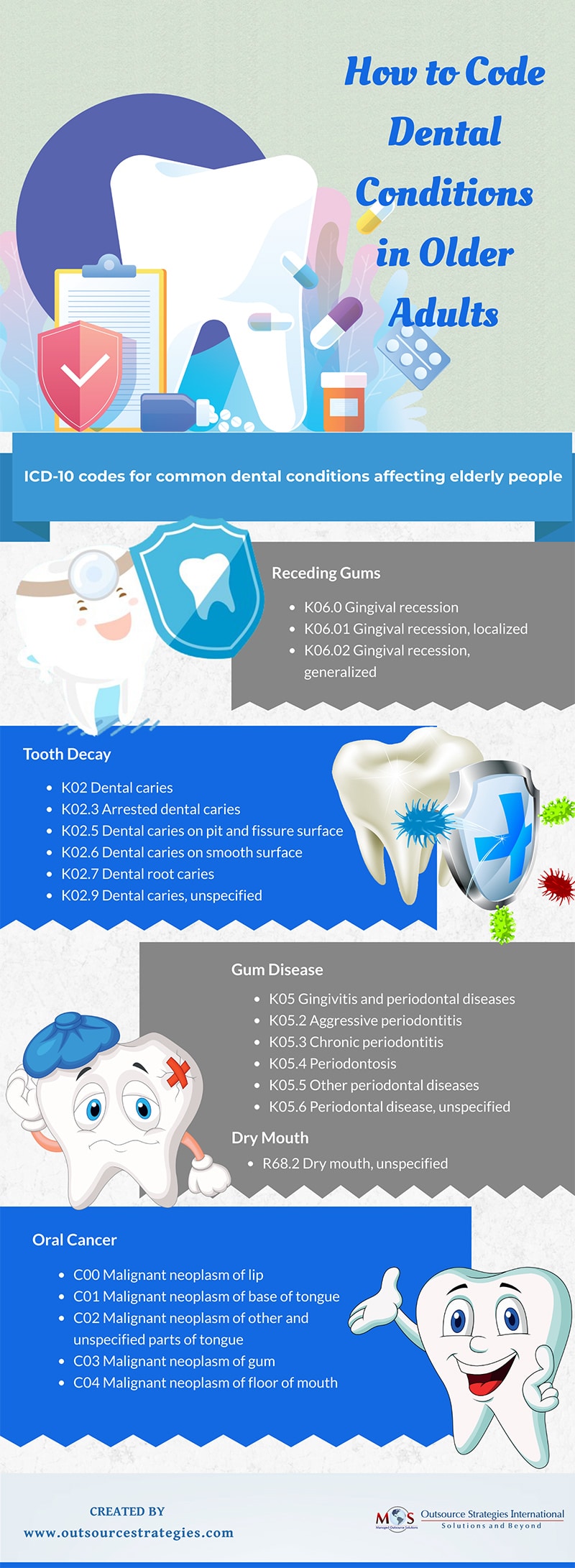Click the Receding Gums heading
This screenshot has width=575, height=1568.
(x=326, y=573)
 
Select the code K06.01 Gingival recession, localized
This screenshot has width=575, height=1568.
(x=415, y=629)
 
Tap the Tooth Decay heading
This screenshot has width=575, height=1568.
(x=67, y=754)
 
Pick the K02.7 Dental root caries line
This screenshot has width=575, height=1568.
(x=137, y=874)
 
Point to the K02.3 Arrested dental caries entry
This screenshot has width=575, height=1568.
(x=151, y=809)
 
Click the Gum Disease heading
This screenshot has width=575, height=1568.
(x=277, y=969)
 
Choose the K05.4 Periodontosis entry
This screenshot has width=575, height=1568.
(x=333, y=1064)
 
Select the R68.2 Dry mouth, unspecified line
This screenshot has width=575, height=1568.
(x=355, y=1163)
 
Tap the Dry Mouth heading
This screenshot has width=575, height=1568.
(x=270, y=1138)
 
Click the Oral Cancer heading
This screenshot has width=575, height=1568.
(x=74, y=1240)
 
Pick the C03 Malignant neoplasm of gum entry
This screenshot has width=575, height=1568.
(x=174, y=1361)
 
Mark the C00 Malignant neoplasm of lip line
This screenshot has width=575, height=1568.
(x=168, y=1275)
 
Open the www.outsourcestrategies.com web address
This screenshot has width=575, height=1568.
(x=129, y=1533)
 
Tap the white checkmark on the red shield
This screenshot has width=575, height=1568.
(x=85, y=368)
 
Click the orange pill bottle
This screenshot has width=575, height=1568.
(x=344, y=401)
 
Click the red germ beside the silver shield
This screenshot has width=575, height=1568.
(x=558, y=886)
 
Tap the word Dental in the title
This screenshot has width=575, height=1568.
(x=445, y=132)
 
